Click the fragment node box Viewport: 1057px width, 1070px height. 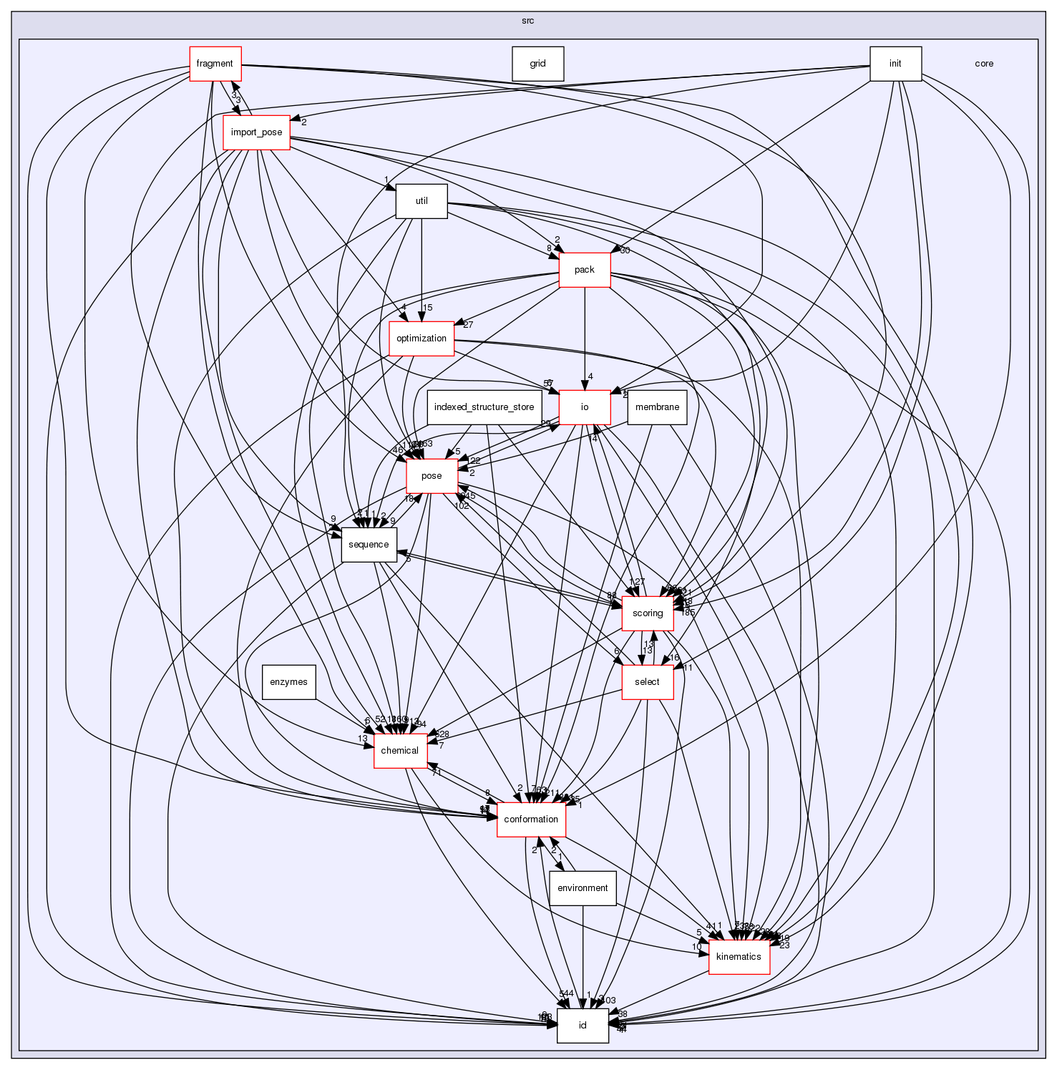click(215, 64)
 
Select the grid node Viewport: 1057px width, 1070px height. click(537, 64)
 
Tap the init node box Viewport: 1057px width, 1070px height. click(895, 64)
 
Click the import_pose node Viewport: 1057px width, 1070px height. click(256, 132)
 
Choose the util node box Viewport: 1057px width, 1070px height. click(422, 201)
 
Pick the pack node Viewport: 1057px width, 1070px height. click(584, 270)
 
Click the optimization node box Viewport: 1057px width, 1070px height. click(422, 339)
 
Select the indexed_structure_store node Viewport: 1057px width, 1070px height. click(484, 407)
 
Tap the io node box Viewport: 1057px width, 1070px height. click(584, 407)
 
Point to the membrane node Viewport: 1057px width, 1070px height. click(657, 407)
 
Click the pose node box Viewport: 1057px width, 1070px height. click(432, 476)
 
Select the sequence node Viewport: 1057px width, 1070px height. click(369, 545)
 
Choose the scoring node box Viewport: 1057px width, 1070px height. click(647, 613)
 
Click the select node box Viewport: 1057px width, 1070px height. click(647, 682)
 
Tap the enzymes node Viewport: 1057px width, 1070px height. click(289, 682)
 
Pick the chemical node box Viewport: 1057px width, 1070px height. click(399, 751)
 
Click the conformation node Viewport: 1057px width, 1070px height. click(531, 819)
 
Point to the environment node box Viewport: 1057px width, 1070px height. click(583, 888)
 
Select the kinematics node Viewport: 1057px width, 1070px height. click(739, 957)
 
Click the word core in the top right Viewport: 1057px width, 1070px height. click(983, 64)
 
